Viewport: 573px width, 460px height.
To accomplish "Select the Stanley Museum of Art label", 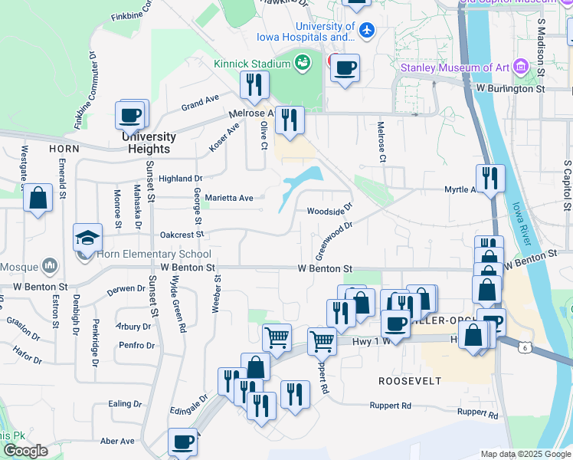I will click(x=455, y=67).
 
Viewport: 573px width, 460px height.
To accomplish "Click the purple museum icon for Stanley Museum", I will click(x=523, y=67).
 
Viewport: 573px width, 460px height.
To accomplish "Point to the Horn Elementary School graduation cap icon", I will click(x=87, y=235).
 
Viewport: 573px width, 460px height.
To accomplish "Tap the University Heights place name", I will click(x=149, y=143).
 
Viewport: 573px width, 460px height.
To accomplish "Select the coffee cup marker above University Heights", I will click(x=131, y=115).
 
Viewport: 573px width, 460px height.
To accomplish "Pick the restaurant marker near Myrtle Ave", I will click(x=490, y=179).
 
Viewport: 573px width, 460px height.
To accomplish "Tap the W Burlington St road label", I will click(x=509, y=89).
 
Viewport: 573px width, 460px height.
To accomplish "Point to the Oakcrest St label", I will click(x=182, y=235).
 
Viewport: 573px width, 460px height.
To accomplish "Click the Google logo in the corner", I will click(x=26, y=451).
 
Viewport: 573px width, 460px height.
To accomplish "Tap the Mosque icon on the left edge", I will click(x=51, y=265).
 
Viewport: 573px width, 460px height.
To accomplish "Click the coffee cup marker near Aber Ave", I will click(x=182, y=442).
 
